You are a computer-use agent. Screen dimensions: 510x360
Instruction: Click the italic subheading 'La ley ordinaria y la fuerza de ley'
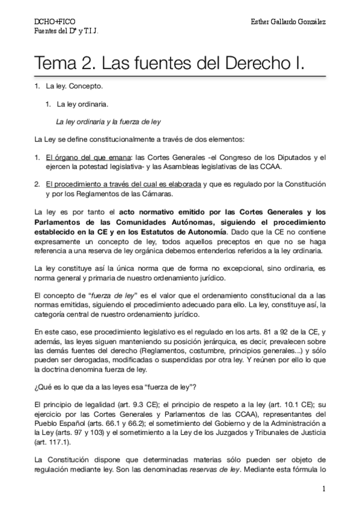[x=108, y=121]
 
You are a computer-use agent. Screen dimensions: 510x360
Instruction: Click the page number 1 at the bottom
[x=323, y=489]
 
